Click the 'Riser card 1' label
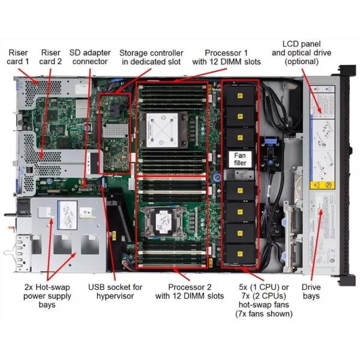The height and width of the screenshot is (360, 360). [x=18, y=56]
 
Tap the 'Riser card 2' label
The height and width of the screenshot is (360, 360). [x=52, y=56]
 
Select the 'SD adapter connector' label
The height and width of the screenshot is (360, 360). [x=89, y=56]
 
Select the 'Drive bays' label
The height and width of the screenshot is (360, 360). [x=311, y=291]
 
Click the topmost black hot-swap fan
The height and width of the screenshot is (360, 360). [x=239, y=92]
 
